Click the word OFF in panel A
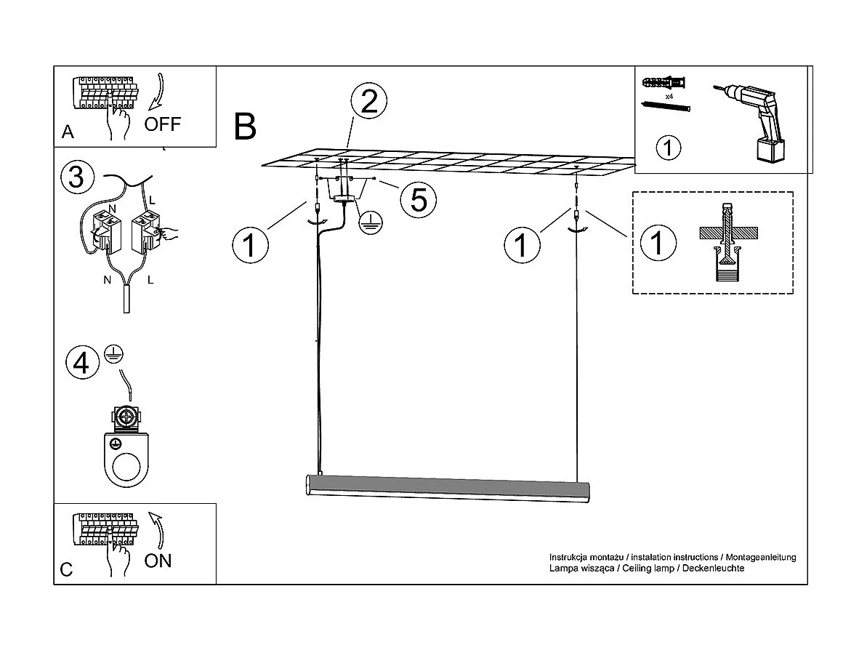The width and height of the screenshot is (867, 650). (x=162, y=124)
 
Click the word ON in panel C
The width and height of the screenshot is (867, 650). (x=158, y=561)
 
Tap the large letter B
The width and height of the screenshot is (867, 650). (x=246, y=127)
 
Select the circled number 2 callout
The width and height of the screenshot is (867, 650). (x=368, y=103)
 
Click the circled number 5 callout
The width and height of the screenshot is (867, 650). (x=419, y=198)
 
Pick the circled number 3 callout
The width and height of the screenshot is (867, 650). (x=77, y=177)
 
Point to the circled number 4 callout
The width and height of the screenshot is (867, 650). (x=81, y=362)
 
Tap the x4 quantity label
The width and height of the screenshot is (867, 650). (x=668, y=96)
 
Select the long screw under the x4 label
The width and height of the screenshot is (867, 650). (x=666, y=107)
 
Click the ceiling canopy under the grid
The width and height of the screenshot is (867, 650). (x=346, y=197)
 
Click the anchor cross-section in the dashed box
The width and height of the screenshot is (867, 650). (x=727, y=244)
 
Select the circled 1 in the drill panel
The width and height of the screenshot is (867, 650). (x=668, y=148)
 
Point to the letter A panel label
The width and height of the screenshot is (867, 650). (x=68, y=132)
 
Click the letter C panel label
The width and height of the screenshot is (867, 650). (x=66, y=569)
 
